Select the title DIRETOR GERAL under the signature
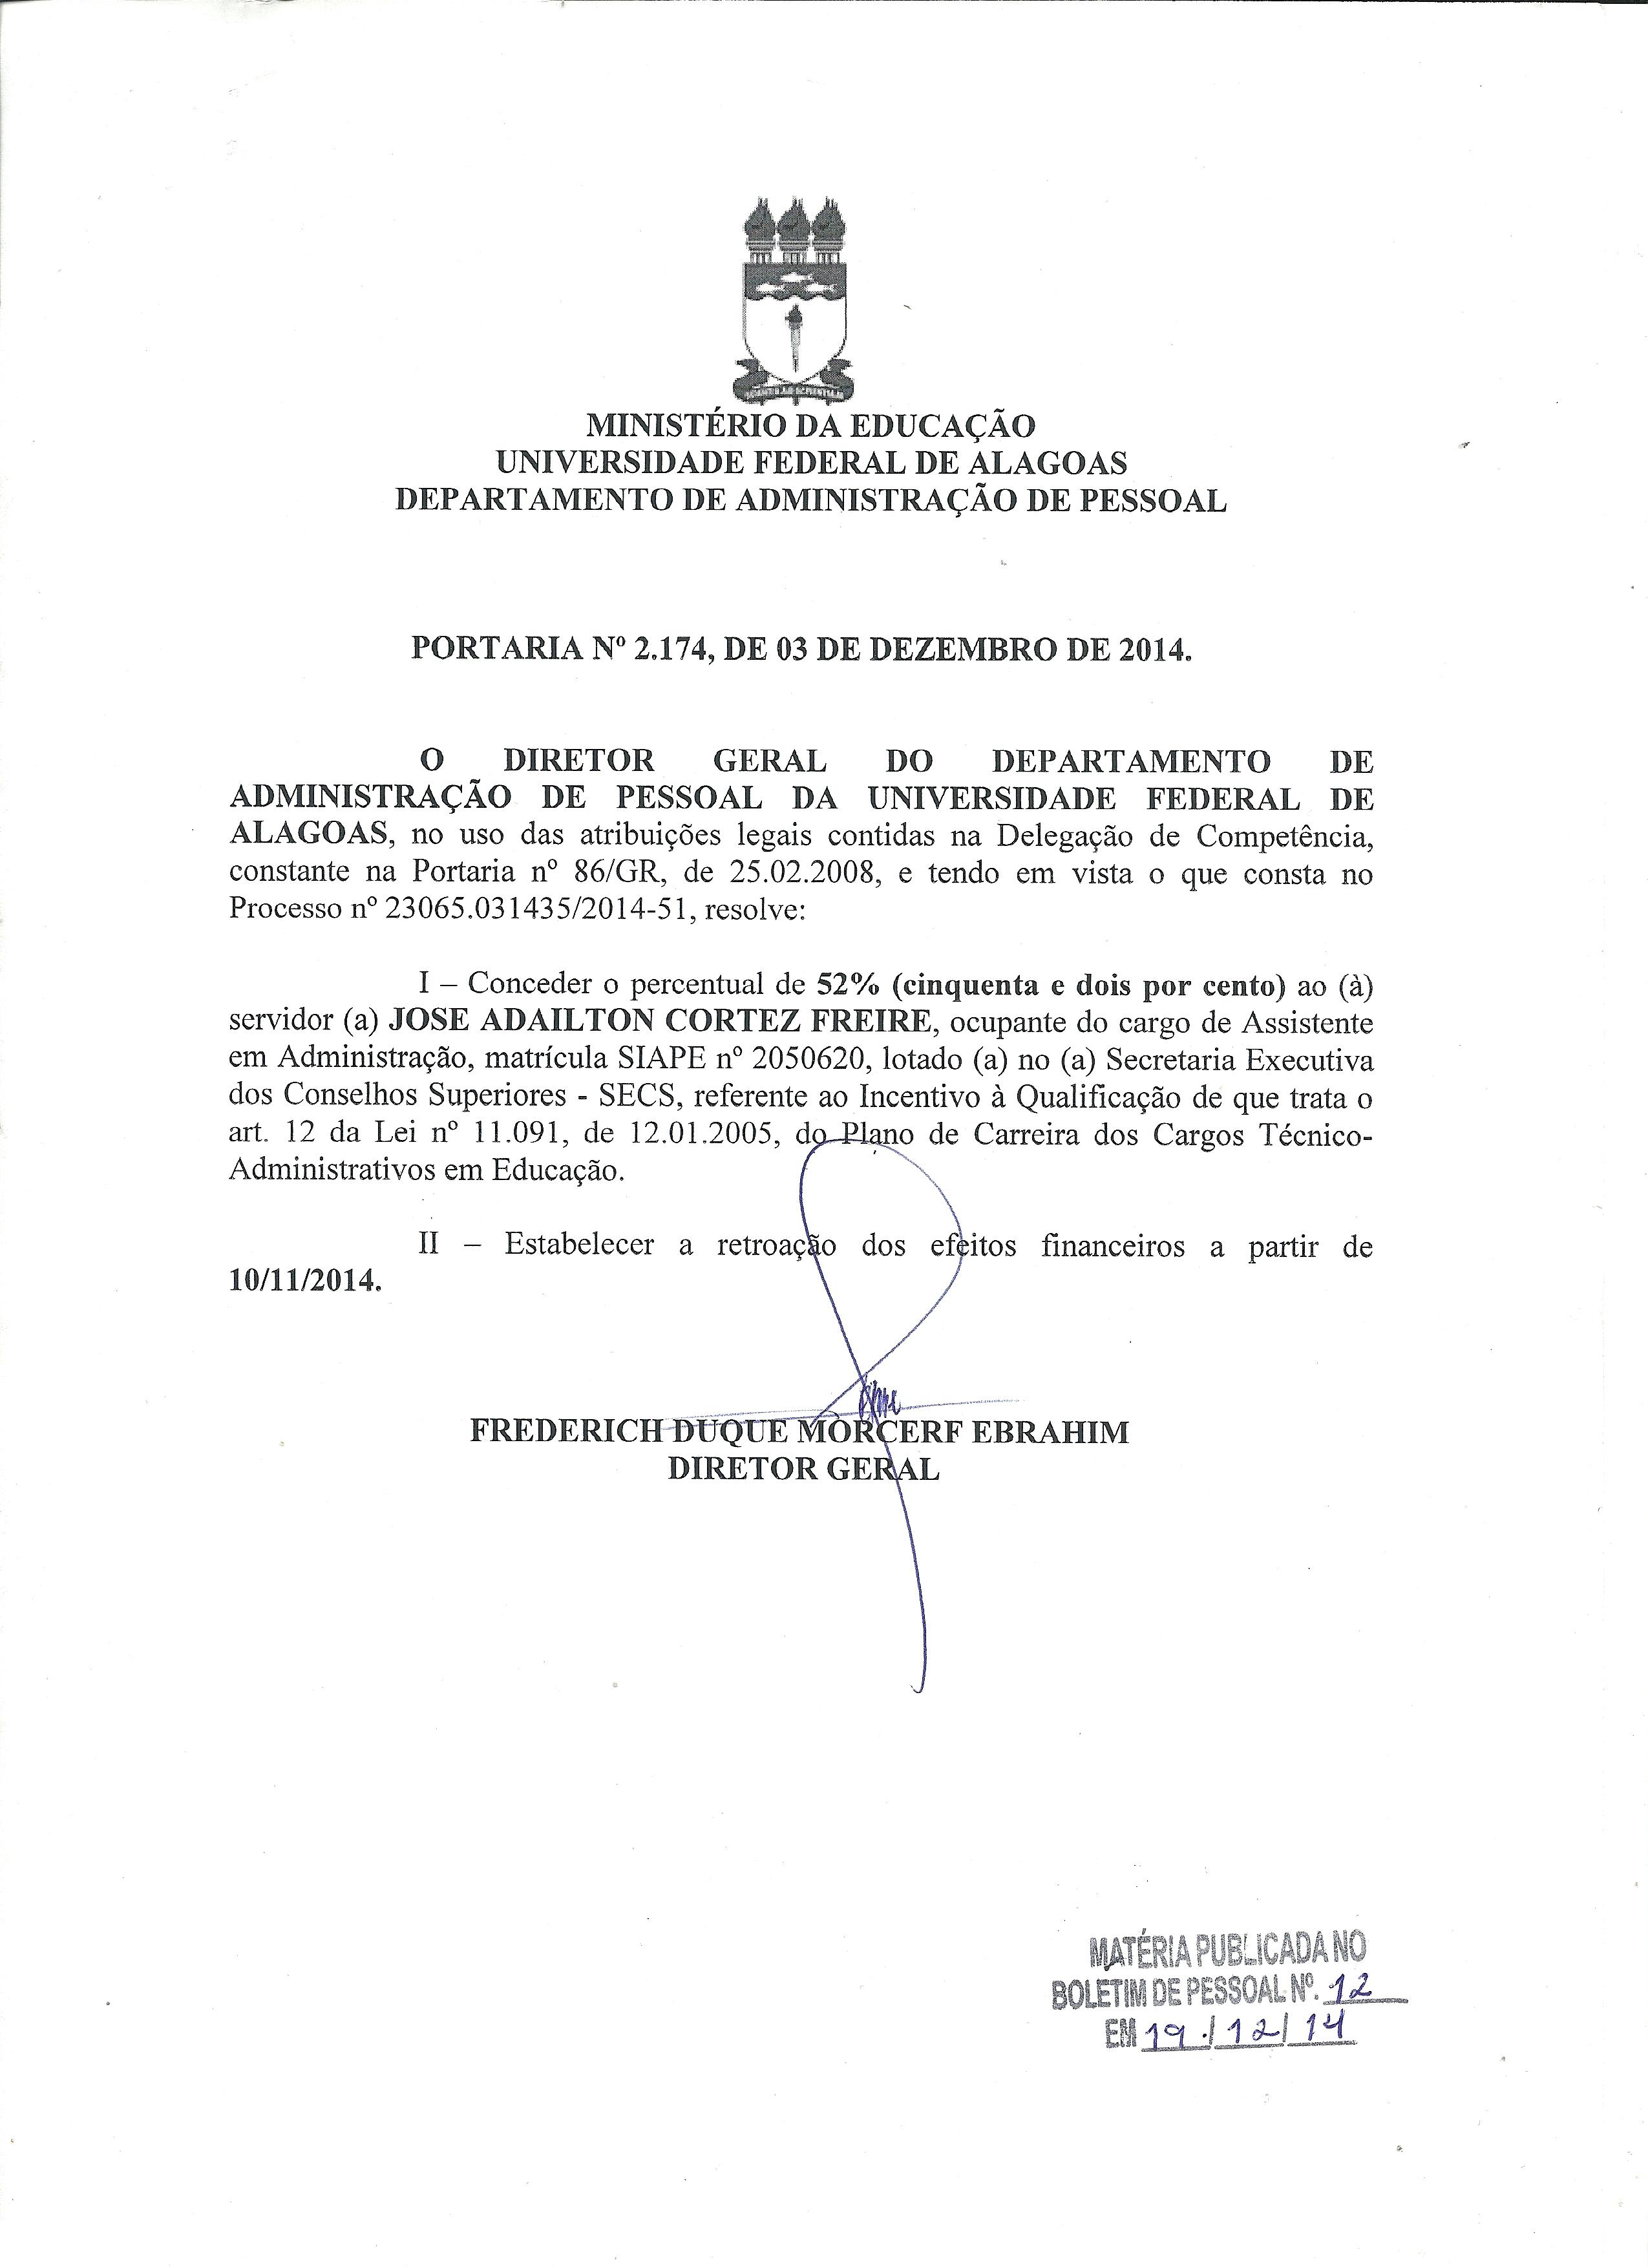coord(803,1470)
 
